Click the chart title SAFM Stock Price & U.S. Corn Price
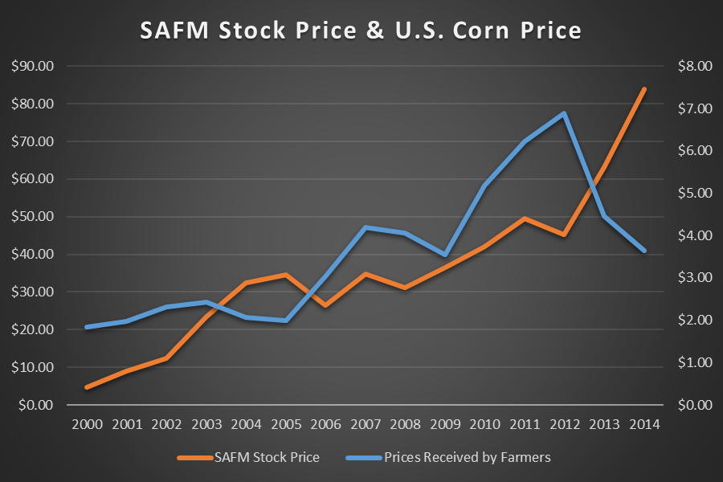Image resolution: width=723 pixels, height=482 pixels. coord(361,30)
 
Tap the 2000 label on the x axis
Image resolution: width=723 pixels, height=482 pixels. coord(87,424)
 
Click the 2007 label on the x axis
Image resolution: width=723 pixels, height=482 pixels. coord(366,424)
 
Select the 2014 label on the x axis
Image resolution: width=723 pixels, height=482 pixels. coord(644,424)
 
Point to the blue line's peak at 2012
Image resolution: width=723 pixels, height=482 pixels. coord(565,113)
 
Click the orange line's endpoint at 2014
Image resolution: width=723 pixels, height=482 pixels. coord(644,88)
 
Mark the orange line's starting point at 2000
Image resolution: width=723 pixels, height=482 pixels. coord(87,387)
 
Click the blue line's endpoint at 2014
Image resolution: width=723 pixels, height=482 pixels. coord(644,251)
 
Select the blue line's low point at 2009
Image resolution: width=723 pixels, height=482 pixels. coord(445,254)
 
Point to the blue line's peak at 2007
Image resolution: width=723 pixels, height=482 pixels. coord(366,227)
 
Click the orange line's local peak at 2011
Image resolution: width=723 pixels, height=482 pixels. coord(525,218)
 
